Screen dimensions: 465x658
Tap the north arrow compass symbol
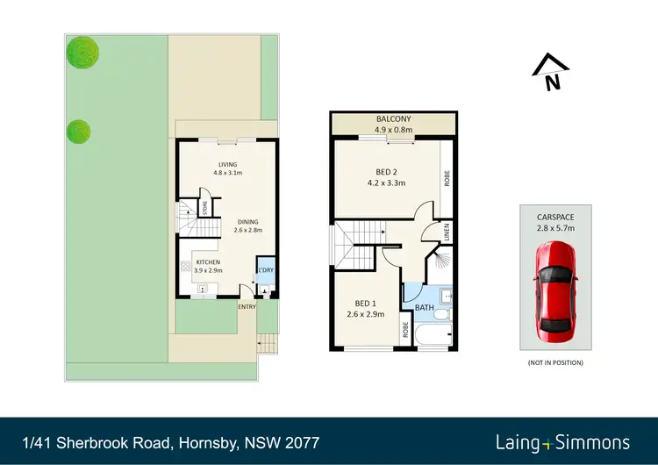click(x=551, y=71)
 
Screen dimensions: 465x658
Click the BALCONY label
click(x=394, y=119)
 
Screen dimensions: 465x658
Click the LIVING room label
click(x=227, y=164)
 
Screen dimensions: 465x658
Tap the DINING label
click(x=248, y=222)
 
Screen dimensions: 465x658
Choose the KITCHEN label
click(x=208, y=261)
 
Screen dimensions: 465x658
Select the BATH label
click(x=424, y=308)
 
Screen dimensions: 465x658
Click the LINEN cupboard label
click(x=447, y=232)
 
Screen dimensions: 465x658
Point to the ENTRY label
click(x=248, y=306)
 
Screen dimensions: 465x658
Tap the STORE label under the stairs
click(x=204, y=208)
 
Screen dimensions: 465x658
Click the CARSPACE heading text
click(x=554, y=215)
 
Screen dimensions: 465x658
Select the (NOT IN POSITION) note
click(x=554, y=362)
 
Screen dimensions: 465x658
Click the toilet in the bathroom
click(x=444, y=313)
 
